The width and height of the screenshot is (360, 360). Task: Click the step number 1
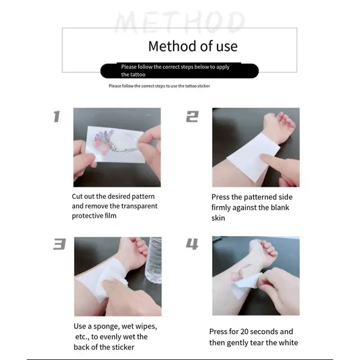click(56, 116)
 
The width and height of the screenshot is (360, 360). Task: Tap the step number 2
click(192, 116)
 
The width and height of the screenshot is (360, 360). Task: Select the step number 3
click(59, 244)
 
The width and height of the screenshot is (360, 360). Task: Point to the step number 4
click(192, 244)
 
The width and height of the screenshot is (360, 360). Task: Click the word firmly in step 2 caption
click(221, 207)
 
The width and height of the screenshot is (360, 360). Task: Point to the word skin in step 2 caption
click(218, 218)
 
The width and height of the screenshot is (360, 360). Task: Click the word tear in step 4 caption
click(257, 343)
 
